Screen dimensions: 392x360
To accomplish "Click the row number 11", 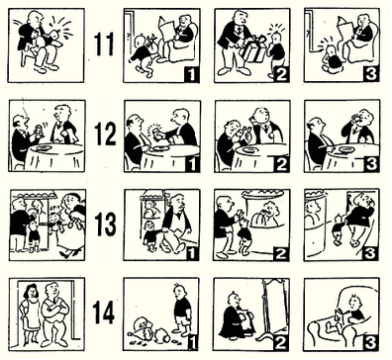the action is [x=104, y=45].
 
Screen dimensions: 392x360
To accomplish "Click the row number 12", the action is [x=105, y=134].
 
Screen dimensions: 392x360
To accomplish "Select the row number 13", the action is [x=105, y=224].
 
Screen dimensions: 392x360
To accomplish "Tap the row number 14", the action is [x=104, y=313].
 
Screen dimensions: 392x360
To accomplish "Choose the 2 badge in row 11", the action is [x=281, y=74].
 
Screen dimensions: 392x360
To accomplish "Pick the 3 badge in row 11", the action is [x=371, y=74].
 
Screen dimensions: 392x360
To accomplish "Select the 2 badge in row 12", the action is [x=281, y=164].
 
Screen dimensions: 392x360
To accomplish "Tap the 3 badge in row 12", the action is [x=371, y=164].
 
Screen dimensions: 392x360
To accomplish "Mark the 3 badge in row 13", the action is [x=371, y=253].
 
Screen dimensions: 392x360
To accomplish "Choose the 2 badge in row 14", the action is [x=281, y=343].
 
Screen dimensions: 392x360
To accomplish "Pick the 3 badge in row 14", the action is [x=371, y=343].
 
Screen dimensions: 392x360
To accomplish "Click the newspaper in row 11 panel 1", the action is [x=169, y=31].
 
